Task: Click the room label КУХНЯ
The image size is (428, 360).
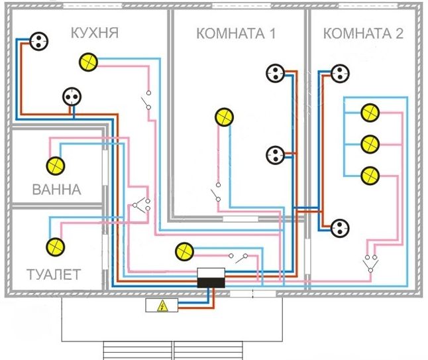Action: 95,32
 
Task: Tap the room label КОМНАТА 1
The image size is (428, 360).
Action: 236,34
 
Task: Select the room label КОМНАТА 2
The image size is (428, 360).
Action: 363,34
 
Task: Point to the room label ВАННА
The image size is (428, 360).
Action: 57,190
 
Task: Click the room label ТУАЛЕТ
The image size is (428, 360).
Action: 54,274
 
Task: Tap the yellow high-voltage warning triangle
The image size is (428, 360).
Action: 162,306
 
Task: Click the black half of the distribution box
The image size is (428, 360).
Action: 211,282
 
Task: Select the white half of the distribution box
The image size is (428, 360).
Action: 211,273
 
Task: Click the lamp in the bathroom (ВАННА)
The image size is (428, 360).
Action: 56,166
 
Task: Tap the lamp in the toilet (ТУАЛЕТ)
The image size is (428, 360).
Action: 56,247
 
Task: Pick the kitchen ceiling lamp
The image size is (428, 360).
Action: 88,62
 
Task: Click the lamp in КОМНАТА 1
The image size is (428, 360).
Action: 224,117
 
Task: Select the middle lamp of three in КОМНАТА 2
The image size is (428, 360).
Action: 370,145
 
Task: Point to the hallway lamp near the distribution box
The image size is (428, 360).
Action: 185,251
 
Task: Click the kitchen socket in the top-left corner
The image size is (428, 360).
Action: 39,41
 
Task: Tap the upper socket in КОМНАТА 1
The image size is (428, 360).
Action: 276,73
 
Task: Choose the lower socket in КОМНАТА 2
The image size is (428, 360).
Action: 340,228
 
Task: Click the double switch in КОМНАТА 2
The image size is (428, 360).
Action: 370,264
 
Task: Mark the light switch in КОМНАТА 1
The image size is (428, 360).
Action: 215,192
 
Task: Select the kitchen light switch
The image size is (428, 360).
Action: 146,100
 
